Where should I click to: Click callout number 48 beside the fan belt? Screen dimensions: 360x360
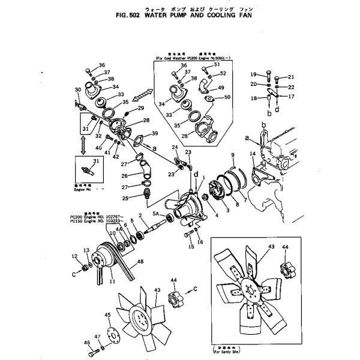pos(140,261)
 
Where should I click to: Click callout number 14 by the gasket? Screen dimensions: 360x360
pos(253,155)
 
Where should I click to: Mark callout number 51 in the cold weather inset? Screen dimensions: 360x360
pos(217,64)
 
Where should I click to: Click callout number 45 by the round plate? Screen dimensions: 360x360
pos(108,315)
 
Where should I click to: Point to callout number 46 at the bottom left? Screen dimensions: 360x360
pos(74,257)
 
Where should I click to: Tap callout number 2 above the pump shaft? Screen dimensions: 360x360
pos(139,215)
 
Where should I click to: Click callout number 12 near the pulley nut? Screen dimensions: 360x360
pos(74,257)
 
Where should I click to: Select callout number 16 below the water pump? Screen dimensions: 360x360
pos(200,241)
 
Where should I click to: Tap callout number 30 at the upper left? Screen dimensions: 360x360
pos(77,91)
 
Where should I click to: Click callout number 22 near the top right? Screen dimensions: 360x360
pos(291,87)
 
